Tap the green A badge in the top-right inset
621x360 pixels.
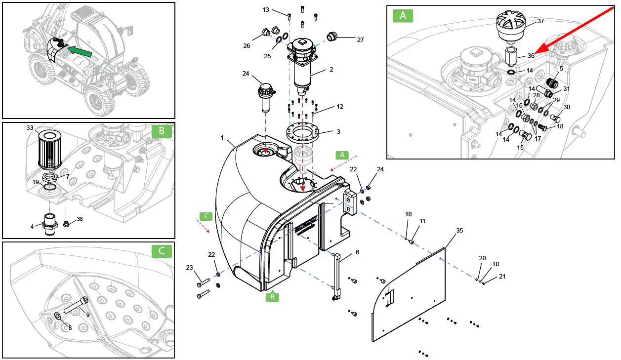403,15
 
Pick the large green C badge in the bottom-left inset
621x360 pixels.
162,251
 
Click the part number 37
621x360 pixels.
540,21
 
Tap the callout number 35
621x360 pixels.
459,231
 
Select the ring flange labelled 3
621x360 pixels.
303,132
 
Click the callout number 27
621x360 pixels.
360,40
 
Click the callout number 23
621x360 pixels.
189,268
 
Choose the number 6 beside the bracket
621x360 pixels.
357,252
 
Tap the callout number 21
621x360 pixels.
502,277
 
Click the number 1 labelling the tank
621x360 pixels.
222,137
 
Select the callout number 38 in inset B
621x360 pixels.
80,218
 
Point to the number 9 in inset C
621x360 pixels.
88,315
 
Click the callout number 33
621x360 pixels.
30,128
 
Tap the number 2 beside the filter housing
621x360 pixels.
331,70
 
